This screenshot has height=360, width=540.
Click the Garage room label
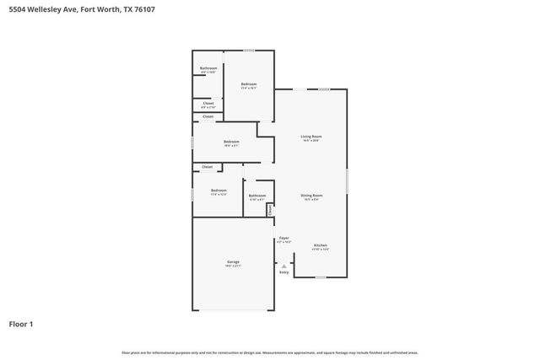tap(233, 262)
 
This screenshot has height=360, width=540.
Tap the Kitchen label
tap(320, 245)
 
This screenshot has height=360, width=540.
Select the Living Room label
tap(311, 137)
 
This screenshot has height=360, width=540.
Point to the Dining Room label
tap(311, 196)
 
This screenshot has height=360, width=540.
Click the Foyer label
tap(283, 239)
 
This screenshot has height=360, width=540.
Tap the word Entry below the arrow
tap(283, 272)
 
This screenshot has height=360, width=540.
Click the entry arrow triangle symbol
tap(283, 265)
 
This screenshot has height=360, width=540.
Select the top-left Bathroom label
tap(208, 68)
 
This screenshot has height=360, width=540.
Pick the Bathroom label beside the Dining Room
tap(257, 196)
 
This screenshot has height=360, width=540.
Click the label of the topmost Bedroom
tap(248, 83)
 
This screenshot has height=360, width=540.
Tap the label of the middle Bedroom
tap(231, 142)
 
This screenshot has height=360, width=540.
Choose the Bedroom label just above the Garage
tap(219, 191)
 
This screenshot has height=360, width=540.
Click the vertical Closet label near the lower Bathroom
tap(270, 210)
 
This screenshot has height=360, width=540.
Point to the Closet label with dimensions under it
tap(208, 104)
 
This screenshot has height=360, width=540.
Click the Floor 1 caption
tap(21, 324)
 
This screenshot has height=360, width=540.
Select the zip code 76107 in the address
tap(144, 9)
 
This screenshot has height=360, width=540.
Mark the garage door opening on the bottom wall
tap(236, 310)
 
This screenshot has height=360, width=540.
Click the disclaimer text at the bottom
tap(269, 352)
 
